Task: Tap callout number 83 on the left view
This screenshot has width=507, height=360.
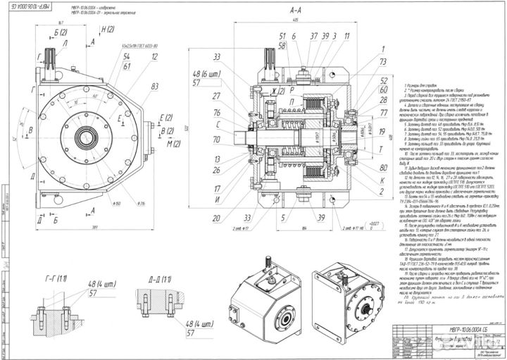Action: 153,86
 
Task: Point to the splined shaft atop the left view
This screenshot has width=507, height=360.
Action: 51,56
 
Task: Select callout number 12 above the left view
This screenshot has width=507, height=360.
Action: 153,56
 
